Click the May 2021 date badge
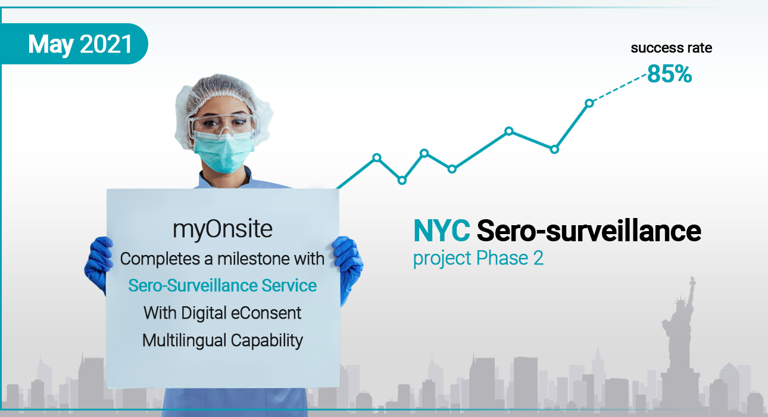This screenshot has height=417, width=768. (x=74, y=44)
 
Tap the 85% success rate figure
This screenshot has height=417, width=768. (x=670, y=74)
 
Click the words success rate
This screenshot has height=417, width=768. (x=672, y=48)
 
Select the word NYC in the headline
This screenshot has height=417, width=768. (x=442, y=231)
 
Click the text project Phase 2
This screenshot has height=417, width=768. (x=478, y=258)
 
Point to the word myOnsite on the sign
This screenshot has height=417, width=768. (x=223, y=229)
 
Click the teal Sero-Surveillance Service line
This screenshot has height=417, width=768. (x=223, y=285)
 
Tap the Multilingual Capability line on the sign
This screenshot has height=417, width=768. (x=223, y=341)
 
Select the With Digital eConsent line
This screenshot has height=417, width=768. (x=223, y=313)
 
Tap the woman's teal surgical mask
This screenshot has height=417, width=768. (x=223, y=153)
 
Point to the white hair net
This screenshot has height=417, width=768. (x=223, y=99)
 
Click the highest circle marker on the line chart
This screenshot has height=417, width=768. (x=589, y=103)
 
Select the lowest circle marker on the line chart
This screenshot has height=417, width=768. (x=402, y=181)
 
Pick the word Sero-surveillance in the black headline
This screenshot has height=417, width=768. (x=589, y=231)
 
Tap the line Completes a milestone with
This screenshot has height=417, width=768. (x=222, y=259)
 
